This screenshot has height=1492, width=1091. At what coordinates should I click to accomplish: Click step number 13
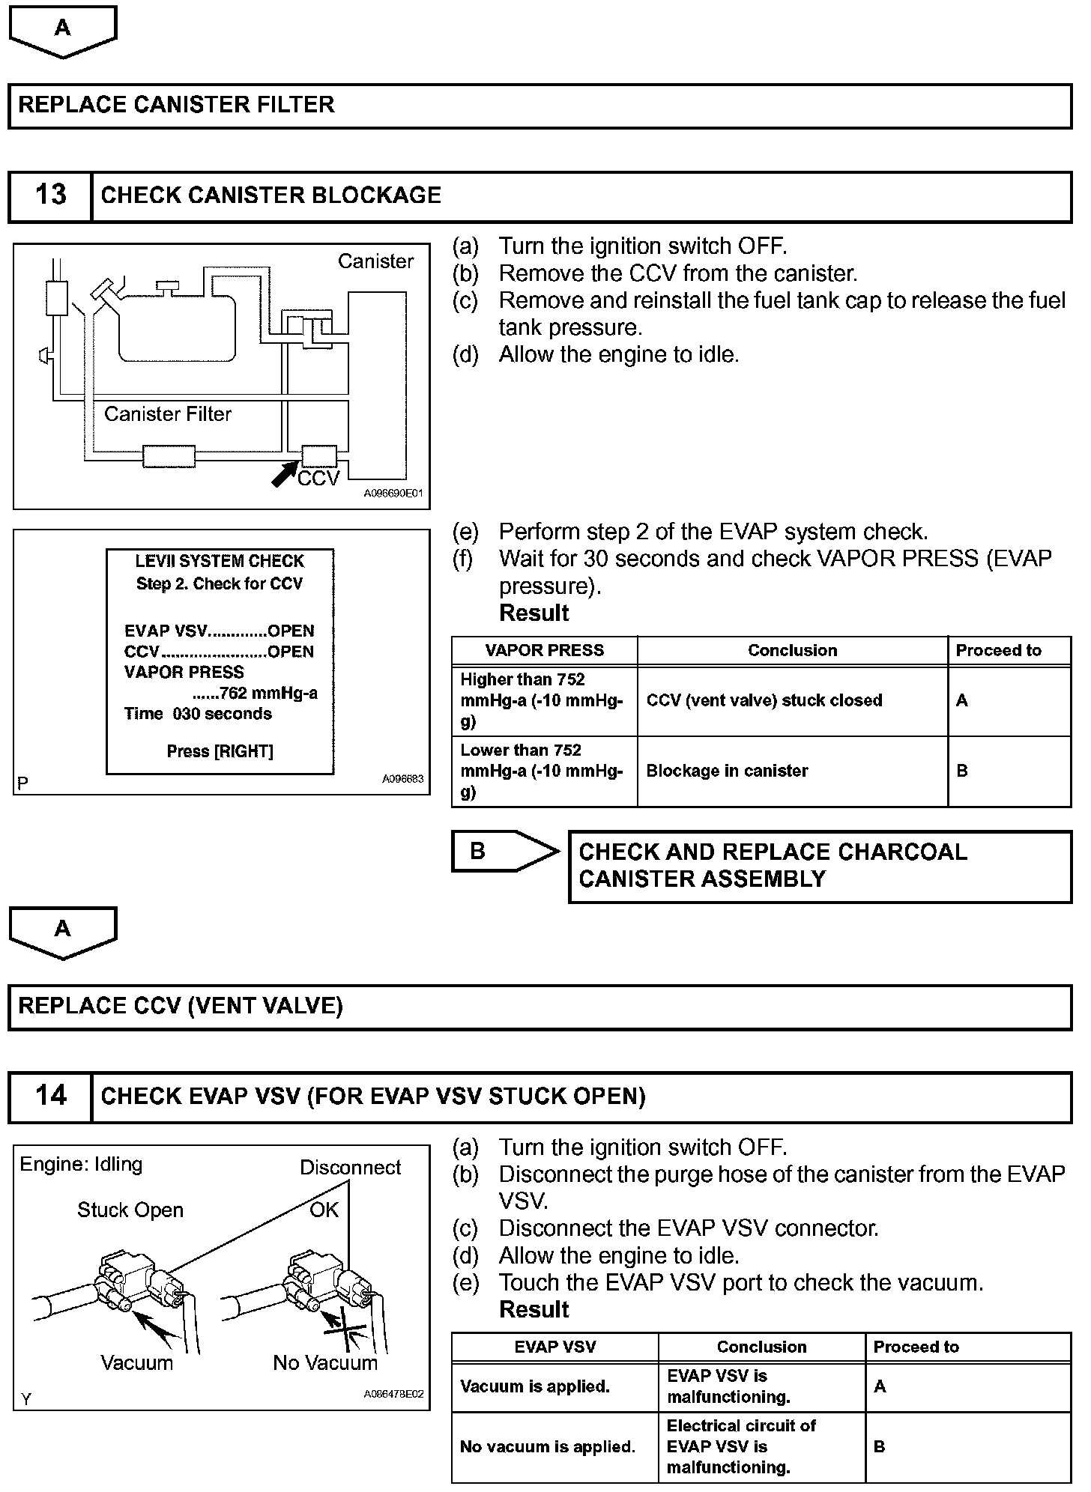(x=50, y=195)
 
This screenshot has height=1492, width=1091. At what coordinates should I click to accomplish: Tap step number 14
(x=50, y=1097)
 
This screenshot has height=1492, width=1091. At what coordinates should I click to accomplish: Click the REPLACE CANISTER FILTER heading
(x=177, y=105)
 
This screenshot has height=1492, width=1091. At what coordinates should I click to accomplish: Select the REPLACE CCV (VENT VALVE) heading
(x=181, y=1006)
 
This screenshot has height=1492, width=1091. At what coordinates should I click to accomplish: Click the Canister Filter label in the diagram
(x=168, y=414)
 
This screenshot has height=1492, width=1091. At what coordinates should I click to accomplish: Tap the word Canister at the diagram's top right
(x=375, y=261)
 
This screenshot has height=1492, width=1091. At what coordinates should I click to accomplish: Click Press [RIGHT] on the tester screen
(x=220, y=751)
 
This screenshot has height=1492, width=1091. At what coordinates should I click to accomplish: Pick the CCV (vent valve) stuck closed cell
(x=764, y=701)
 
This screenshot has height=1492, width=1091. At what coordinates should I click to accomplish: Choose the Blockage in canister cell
(x=727, y=771)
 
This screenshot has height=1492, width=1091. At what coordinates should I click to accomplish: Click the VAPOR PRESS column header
(x=544, y=651)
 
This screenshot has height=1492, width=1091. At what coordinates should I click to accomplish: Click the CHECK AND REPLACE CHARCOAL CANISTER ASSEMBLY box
(x=820, y=866)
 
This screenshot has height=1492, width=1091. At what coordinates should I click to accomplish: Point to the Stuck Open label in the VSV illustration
(x=130, y=1210)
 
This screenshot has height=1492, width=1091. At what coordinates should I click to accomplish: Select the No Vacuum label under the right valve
(x=325, y=1363)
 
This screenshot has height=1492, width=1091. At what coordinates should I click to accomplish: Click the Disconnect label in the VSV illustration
(x=350, y=1168)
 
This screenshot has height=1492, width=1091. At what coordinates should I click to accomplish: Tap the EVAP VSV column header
(x=554, y=1347)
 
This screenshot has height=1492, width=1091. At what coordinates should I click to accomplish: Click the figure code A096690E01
(x=393, y=494)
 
